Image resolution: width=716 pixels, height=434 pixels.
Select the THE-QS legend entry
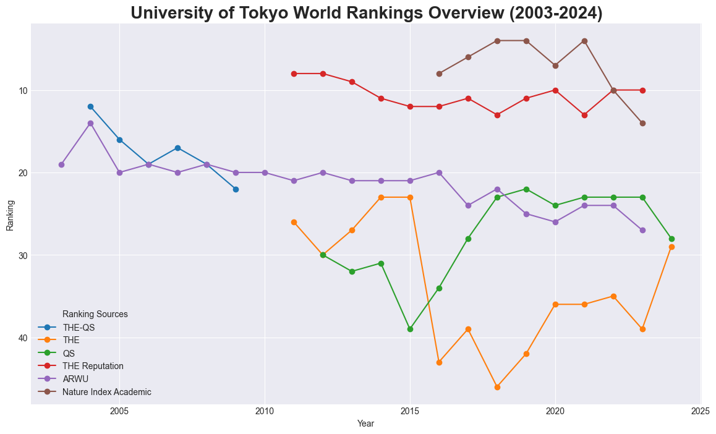click(x=79, y=327)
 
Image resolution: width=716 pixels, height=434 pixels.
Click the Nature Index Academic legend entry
click(x=106, y=392)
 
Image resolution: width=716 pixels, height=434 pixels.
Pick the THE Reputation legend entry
click(x=93, y=366)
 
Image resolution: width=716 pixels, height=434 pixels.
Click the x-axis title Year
click(x=365, y=424)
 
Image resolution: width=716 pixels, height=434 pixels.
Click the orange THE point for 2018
click(x=497, y=387)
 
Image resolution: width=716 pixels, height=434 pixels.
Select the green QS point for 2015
click(x=410, y=329)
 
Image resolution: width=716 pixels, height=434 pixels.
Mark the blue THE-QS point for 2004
click(x=90, y=106)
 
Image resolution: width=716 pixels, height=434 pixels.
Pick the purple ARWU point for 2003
click(x=61, y=164)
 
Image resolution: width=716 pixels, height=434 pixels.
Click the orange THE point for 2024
click(x=671, y=247)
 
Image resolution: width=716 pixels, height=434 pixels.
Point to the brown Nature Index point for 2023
click(x=642, y=123)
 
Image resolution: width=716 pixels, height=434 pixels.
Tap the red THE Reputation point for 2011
click(x=294, y=74)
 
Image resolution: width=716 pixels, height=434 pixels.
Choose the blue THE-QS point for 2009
click(x=236, y=189)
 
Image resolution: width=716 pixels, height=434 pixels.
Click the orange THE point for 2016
click(x=439, y=362)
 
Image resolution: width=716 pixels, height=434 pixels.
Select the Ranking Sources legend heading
click(x=95, y=314)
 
